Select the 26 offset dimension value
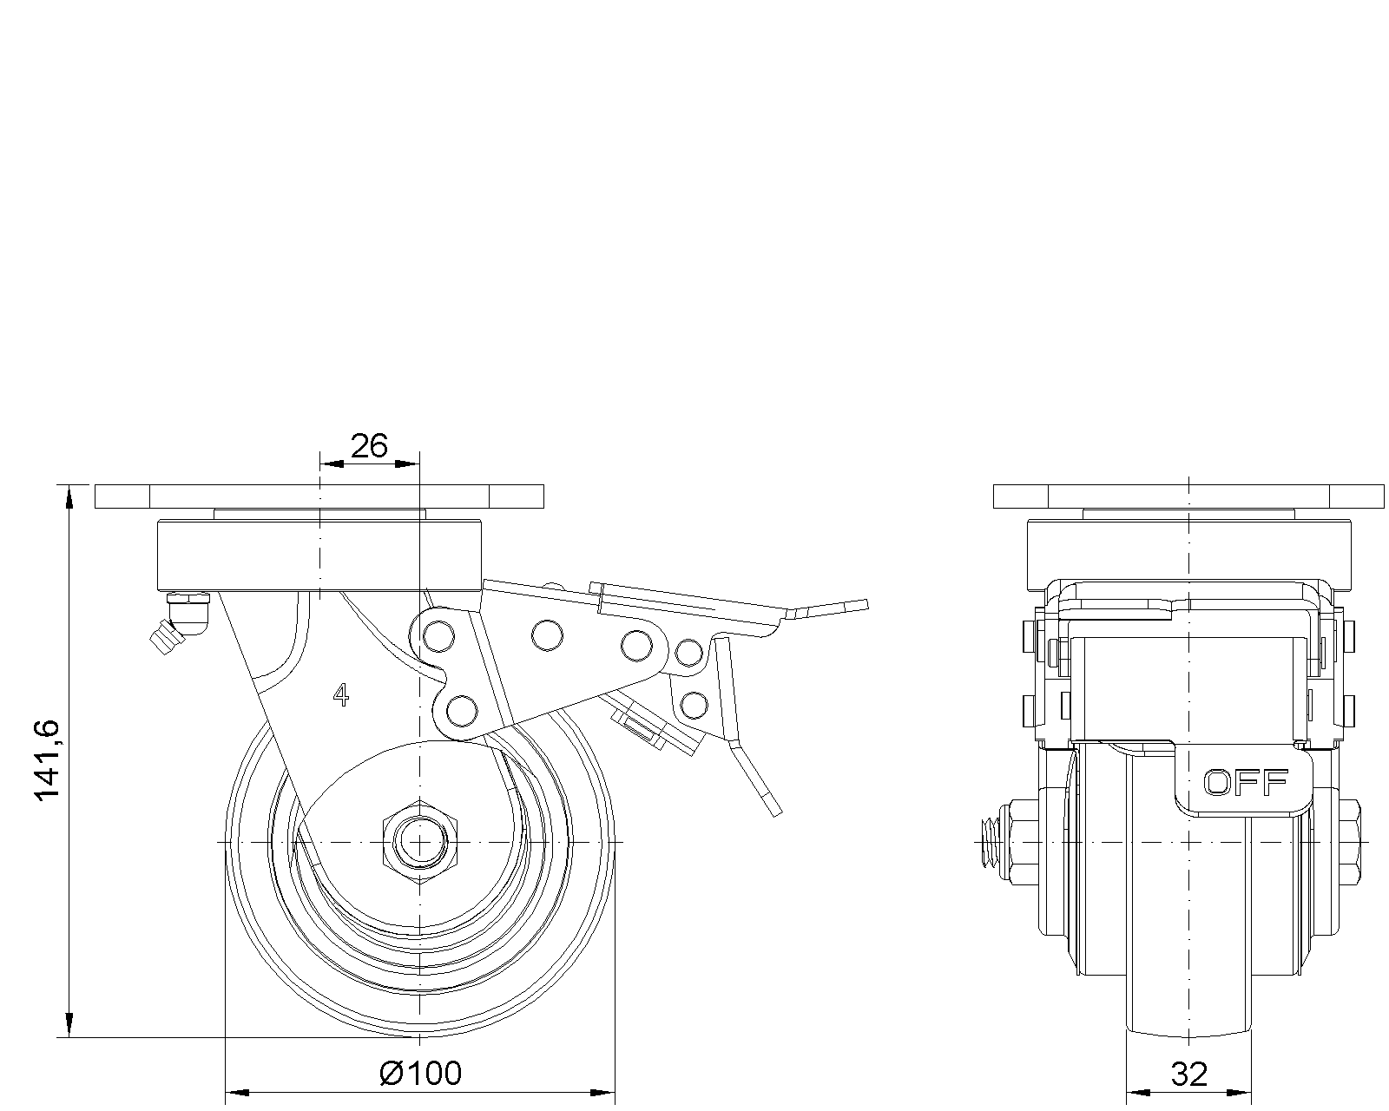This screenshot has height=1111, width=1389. point(368,446)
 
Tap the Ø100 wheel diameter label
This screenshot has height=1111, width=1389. point(421,1074)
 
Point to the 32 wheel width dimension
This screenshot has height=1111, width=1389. point(1188,1075)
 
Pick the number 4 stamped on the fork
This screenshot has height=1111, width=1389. point(341,694)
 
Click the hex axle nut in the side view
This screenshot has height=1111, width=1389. point(420,842)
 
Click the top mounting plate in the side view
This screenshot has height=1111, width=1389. point(319,496)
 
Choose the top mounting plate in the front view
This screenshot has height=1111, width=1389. point(1188,496)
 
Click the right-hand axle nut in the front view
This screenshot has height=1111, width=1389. point(1351,843)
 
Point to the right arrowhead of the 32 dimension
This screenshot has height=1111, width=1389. point(1244,1092)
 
